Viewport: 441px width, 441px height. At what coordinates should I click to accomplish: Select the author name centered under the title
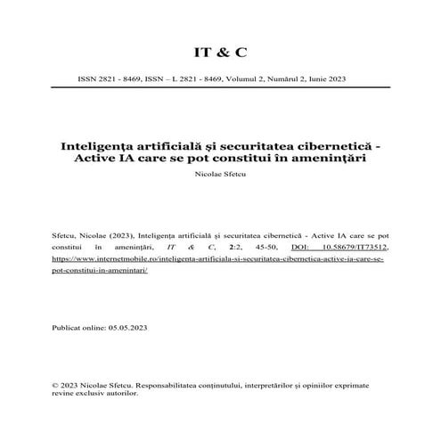click(219, 176)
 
